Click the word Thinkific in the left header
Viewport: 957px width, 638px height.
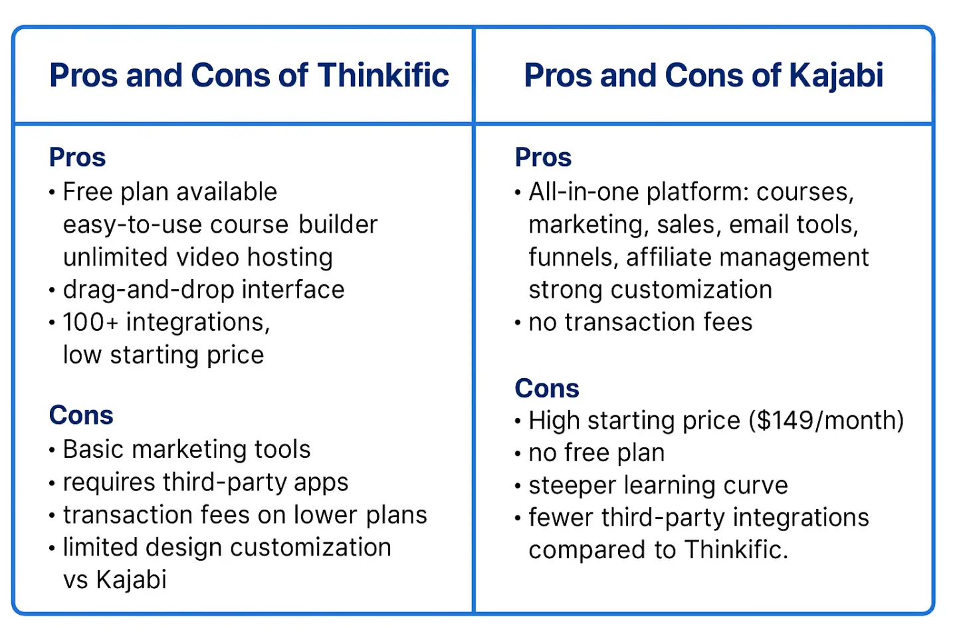coord(383,75)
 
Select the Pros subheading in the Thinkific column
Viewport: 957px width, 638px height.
coord(77,158)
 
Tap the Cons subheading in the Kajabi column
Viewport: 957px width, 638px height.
coord(547,388)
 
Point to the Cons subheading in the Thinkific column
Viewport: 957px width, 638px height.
coord(81,415)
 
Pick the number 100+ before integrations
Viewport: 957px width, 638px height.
coord(90,322)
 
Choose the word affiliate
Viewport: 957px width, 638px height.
coord(669,257)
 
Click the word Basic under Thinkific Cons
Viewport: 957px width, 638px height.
coord(93,449)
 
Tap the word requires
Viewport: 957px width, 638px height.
coord(109,483)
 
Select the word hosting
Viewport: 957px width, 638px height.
coord(290,258)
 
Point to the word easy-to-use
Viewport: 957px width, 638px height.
coord(132,225)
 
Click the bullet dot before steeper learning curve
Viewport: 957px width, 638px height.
coord(518,486)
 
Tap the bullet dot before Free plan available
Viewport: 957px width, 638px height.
coord(52,192)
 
